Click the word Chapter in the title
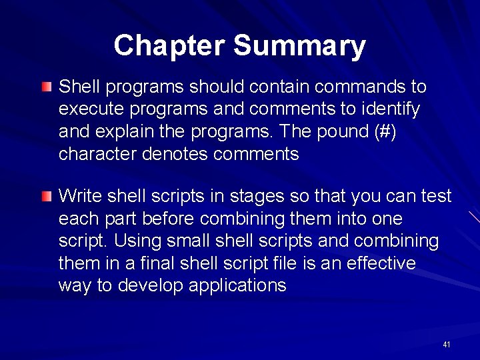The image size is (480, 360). coord(170,46)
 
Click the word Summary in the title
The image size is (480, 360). coord(299,46)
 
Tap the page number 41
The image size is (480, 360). coord(446,345)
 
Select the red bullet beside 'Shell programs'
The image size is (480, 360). coord(45,87)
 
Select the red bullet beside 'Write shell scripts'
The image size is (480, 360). coord(45,196)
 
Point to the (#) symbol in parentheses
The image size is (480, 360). coord(385,132)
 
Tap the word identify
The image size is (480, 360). coord(392,109)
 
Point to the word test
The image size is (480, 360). coord(436,196)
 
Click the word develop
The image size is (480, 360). coord(151,286)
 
